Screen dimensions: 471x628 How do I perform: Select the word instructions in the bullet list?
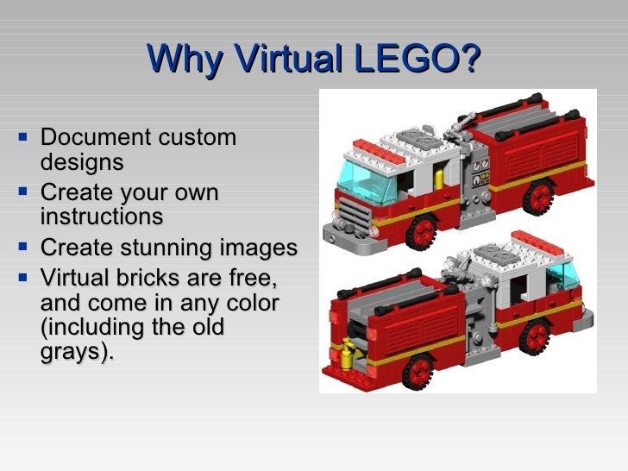click(101, 216)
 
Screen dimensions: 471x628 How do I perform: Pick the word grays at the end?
click(74, 353)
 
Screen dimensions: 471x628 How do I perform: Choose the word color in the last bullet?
click(249, 305)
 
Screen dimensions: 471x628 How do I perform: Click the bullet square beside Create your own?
click(23, 192)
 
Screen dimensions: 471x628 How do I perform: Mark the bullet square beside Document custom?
click(23, 136)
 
